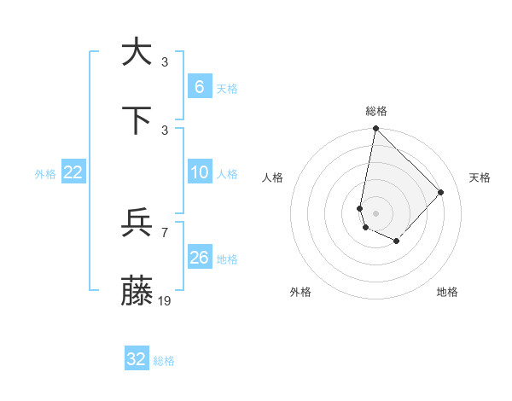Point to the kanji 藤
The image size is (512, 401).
(x=137, y=291)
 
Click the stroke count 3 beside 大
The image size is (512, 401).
(x=165, y=61)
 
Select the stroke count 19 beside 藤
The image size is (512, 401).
(x=165, y=300)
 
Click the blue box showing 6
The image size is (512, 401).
(x=199, y=87)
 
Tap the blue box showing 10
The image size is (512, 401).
(x=199, y=172)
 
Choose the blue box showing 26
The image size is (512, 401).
(x=199, y=258)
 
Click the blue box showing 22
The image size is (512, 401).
(x=73, y=172)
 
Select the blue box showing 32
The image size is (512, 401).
(x=137, y=359)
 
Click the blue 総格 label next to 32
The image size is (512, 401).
(x=164, y=361)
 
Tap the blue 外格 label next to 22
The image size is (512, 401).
(x=45, y=174)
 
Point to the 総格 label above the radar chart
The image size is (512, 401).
(x=376, y=111)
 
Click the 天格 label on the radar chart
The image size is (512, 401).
(x=480, y=177)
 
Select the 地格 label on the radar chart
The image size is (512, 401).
(x=447, y=292)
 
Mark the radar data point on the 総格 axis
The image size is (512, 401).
(x=375, y=129)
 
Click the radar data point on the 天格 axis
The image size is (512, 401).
(x=441, y=192)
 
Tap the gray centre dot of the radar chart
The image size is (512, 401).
(x=375, y=212)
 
